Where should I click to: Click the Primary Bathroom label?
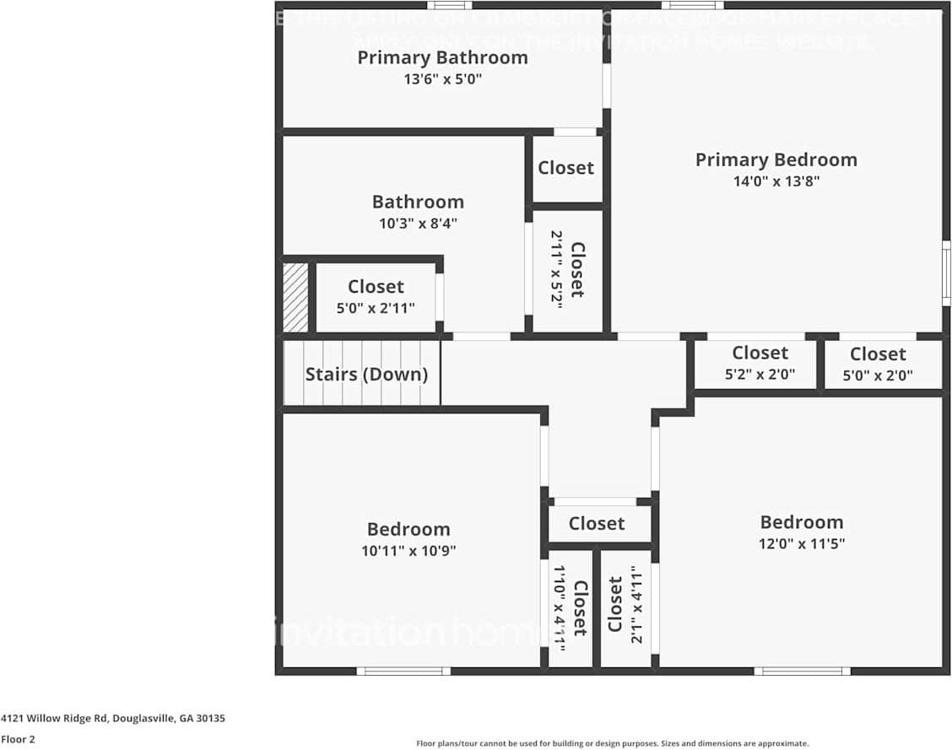tap(442, 57)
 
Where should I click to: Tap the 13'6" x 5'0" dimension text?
tap(442, 79)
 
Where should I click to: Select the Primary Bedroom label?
tap(776, 159)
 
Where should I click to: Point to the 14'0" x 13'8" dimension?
tap(776, 181)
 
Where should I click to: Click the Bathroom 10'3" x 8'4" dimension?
tap(418, 224)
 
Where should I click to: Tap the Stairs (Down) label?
tap(366, 374)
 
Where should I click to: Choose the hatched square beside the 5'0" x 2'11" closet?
tap(295, 297)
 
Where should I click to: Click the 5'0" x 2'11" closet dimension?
tap(376, 309)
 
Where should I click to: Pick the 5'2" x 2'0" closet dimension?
tap(760, 375)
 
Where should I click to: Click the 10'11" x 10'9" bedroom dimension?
tap(408, 551)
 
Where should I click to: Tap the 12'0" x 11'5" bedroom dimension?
tap(801, 544)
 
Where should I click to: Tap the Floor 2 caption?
tap(18, 739)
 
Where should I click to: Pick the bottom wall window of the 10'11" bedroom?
tap(403, 672)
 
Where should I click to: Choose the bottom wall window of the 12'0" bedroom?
tap(802, 672)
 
